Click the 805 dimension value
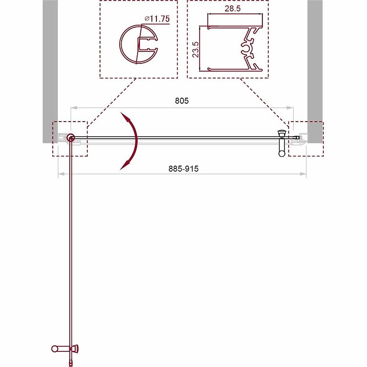[182, 101]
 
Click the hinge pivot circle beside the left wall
[71, 137]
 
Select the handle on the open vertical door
[65, 348]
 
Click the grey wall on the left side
[50, 69]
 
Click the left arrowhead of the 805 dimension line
[72, 108]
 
